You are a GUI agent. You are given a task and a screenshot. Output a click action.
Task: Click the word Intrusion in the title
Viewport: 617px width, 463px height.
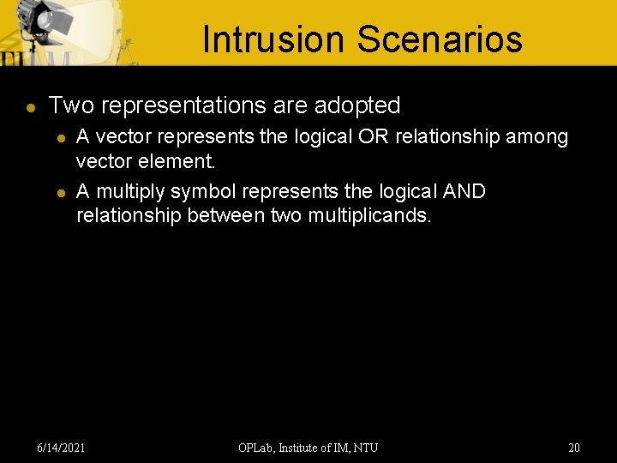pyautogui.click(x=273, y=39)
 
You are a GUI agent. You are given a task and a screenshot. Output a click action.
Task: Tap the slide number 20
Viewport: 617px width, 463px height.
pyautogui.click(x=574, y=448)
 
